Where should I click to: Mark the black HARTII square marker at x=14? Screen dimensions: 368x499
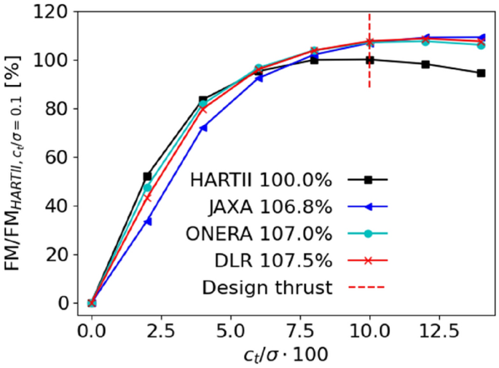[481, 73]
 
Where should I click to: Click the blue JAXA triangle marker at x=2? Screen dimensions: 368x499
[147, 221]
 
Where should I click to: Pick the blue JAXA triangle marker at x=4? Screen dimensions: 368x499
[203, 127]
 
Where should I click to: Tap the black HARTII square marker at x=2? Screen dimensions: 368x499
[147, 177]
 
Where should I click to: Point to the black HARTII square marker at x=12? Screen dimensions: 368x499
[425, 64]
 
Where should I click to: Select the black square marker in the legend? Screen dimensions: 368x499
[368, 179]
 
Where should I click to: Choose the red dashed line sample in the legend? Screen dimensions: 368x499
[368, 288]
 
